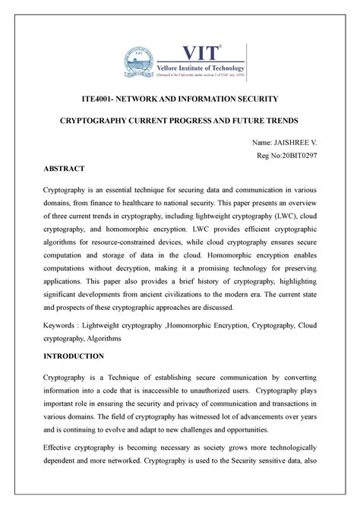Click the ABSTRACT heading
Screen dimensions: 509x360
tap(64, 168)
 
